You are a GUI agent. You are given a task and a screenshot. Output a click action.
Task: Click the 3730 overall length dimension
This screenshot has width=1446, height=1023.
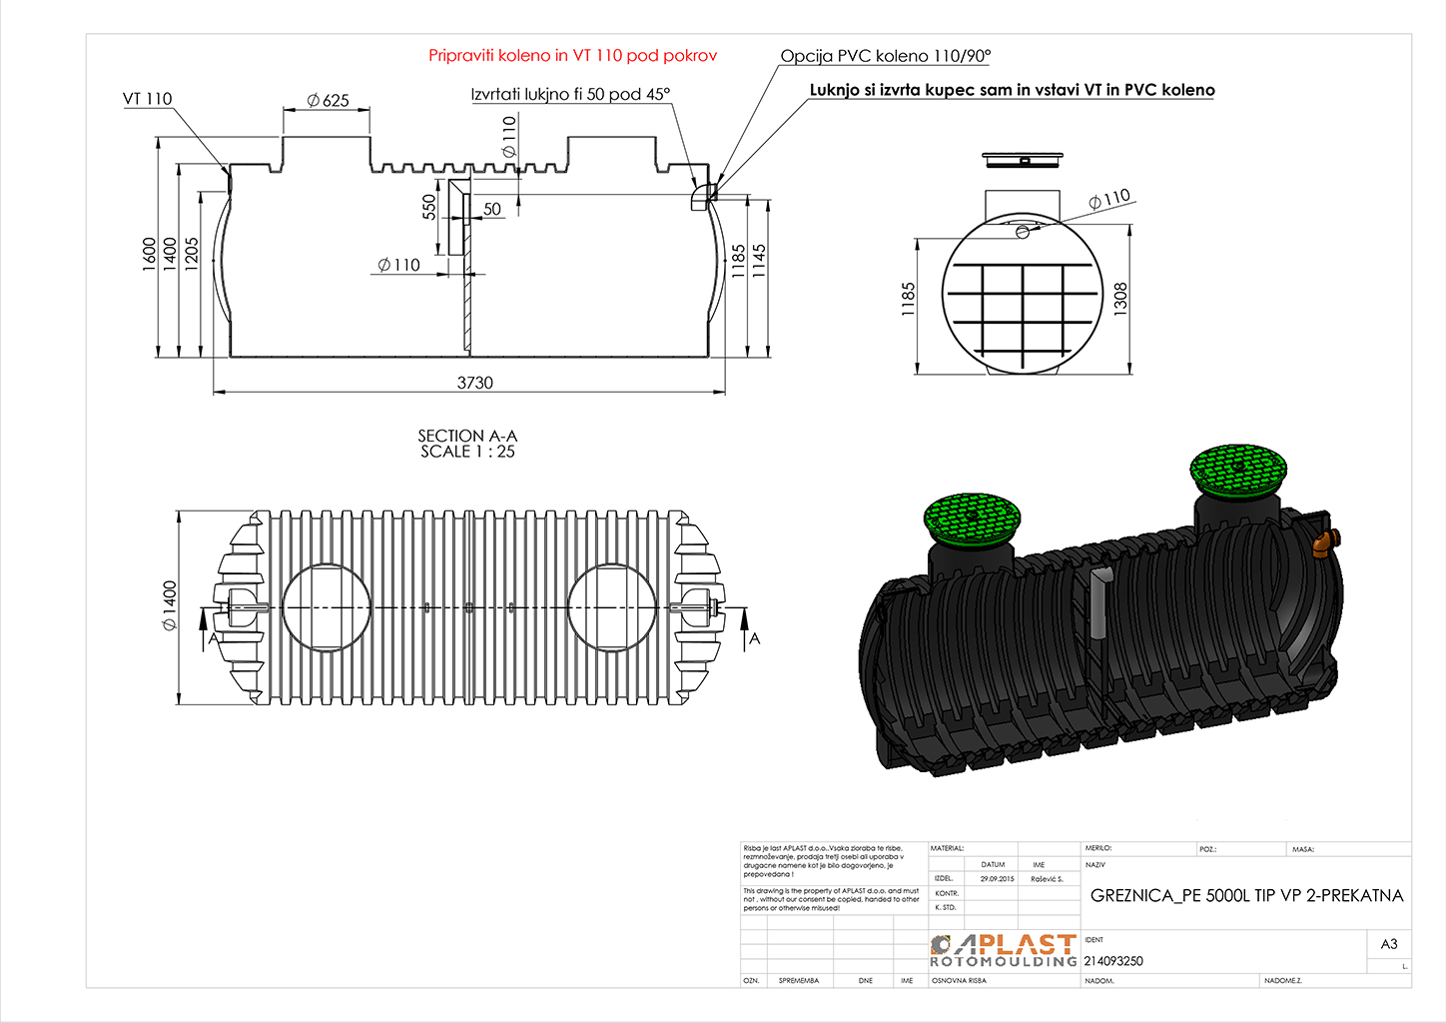(x=475, y=383)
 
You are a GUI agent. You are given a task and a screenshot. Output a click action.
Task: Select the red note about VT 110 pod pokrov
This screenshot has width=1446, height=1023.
(x=572, y=56)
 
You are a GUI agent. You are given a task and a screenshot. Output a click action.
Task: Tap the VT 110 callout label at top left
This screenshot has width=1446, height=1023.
(x=147, y=99)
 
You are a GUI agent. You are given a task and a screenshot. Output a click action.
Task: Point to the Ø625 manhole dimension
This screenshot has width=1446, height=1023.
(x=328, y=100)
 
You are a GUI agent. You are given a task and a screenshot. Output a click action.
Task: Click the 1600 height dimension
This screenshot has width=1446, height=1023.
(x=150, y=253)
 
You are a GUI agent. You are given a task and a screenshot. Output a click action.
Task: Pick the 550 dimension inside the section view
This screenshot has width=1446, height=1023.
(x=429, y=207)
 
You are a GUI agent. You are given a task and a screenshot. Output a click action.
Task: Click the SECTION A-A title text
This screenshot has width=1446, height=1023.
(x=467, y=436)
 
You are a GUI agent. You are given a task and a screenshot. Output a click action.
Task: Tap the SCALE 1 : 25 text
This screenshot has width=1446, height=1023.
(x=467, y=452)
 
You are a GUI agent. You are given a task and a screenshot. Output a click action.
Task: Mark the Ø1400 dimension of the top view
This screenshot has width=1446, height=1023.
(x=170, y=605)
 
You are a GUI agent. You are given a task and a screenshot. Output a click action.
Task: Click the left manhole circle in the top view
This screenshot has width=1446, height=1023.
(x=327, y=607)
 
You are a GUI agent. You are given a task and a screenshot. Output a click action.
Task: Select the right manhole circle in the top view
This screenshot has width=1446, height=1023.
(x=612, y=607)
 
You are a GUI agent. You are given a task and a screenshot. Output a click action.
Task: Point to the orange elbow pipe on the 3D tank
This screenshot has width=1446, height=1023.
(x=1323, y=543)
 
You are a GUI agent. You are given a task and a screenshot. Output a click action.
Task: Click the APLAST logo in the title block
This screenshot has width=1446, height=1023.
(x=1003, y=950)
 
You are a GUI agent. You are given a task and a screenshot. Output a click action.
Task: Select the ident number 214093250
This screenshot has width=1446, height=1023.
(x=1113, y=961)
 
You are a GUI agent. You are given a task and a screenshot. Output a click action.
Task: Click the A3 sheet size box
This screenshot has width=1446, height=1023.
(x=1389, y=944)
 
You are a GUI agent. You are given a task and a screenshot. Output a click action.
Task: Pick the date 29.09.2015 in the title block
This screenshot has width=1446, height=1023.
(x=997, y=879)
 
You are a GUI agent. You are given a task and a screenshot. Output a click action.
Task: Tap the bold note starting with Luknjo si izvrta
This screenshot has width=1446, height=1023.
(x=1012, y=90)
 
